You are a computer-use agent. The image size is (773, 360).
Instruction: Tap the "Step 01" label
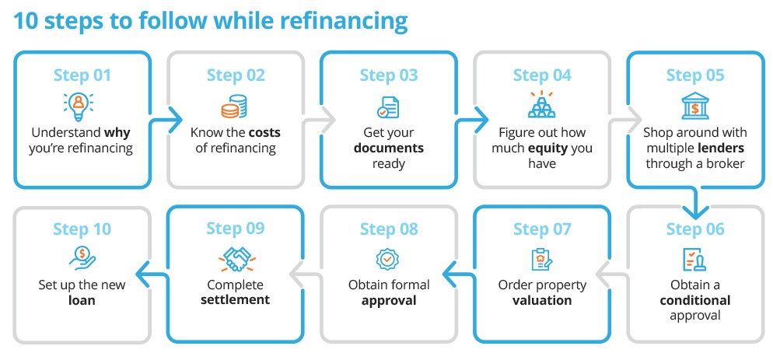(82, 75)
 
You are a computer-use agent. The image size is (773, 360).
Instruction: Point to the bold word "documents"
(388, 148)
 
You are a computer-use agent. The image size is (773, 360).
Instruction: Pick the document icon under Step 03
(387, 106)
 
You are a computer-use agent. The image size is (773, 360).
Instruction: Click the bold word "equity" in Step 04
(553, 148)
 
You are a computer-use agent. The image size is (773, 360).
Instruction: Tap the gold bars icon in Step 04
(541, 105)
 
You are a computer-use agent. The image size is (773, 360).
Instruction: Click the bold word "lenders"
(718, 148)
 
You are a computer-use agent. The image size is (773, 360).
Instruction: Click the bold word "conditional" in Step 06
(694, 300)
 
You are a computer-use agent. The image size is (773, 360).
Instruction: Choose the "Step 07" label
(541, 229)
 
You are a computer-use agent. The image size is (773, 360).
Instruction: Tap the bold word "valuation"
(541, 300)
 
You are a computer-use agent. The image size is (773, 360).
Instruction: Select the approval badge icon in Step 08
(387, 258)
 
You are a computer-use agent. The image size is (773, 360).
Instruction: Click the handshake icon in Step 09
(235, 258)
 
